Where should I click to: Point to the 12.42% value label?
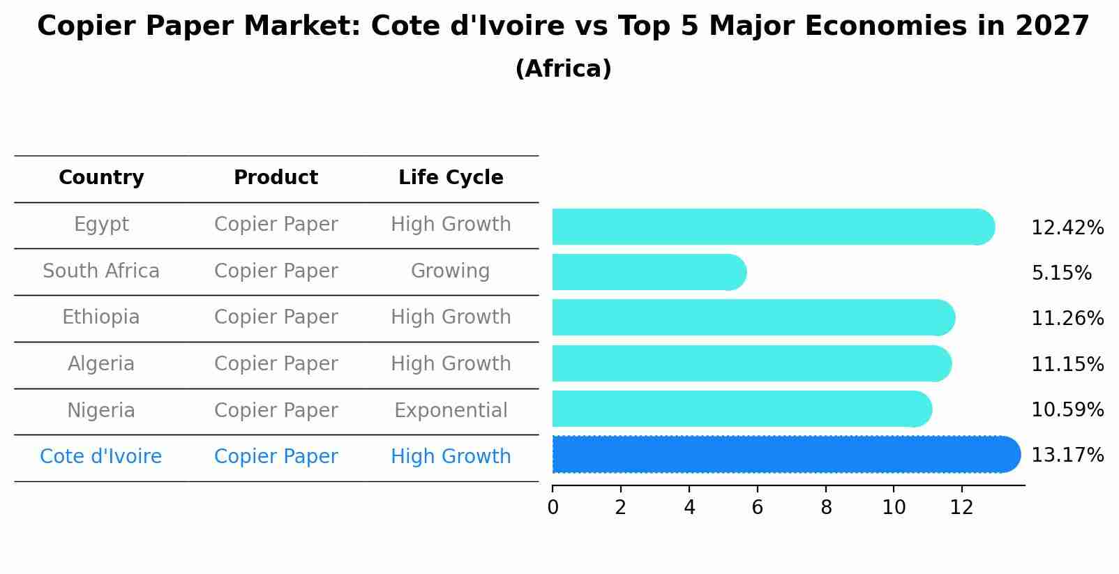tap(1067, 228)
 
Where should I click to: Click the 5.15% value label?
tap(1061, 273)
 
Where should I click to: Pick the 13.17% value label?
tap(1067, 455)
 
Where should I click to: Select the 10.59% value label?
tap(1067, 410)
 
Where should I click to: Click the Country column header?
tap(101, 178)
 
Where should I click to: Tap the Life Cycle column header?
tap(451, 178)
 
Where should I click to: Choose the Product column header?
tap(276, 178)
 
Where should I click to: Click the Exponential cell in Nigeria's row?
tap(451, 411)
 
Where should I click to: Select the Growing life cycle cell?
tap(450, 271)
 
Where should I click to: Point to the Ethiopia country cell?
tap(101, 317)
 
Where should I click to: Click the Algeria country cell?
tap(101, 364)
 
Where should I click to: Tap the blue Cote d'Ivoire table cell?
tap(101, 457)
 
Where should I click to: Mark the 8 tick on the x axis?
tap(826, 508)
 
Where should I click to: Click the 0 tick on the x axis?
tap(553, 508)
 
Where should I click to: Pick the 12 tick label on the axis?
tap(961, 508)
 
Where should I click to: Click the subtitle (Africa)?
tap(563, 69)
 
